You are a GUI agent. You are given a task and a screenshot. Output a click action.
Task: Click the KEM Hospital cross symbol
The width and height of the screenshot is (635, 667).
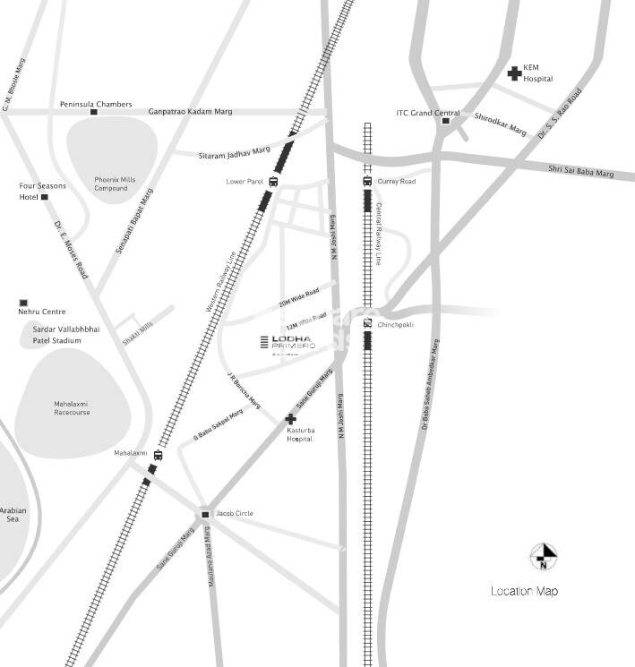click(x=515, y=73)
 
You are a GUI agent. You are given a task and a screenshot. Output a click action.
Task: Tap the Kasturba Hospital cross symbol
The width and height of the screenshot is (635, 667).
click(x=290, y=419)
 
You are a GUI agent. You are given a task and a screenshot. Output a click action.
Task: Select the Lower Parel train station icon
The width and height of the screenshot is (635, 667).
click(x=273, y=182)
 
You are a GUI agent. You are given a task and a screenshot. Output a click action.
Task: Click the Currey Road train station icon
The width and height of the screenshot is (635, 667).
click(x=367, y=182)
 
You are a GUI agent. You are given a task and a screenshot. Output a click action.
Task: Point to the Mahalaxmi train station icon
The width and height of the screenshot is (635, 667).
click(x=158, y=455)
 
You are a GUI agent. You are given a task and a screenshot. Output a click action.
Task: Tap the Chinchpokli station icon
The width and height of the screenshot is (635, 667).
click(x=367, y=323)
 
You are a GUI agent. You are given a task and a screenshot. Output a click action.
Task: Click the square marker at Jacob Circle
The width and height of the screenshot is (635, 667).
click(x=205, y=514)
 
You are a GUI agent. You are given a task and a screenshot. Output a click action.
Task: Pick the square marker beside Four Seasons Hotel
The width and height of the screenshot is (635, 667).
click(x=44, y=197)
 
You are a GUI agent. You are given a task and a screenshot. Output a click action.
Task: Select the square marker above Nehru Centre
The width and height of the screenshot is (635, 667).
click(x=24, y=303)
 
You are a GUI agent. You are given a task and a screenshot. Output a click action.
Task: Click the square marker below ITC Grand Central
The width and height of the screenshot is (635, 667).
click(x=445, y=121)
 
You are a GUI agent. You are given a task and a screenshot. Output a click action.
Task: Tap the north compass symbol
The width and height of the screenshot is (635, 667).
click(x=543, y=556)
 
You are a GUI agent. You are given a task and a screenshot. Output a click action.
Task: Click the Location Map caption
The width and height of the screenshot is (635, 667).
click(x=524, y=591)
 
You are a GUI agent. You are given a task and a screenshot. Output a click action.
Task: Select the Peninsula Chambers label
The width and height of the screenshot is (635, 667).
click(x=96, y=105)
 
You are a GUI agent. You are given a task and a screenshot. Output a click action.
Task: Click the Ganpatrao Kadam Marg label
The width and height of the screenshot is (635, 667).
click(x=190, y=111)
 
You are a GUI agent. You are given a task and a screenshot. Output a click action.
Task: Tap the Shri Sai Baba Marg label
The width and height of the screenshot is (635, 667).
click(x=581, y=170)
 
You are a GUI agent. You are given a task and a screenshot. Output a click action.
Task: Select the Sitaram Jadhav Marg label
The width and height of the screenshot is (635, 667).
click(x=234, y=154)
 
